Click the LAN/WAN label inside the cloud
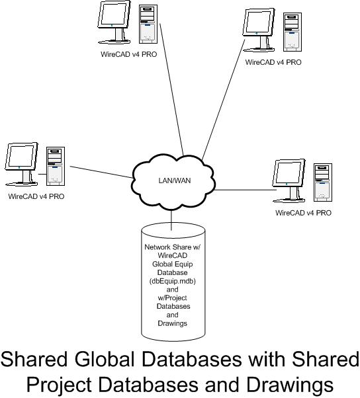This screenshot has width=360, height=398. pyautogui.click(x=175, y=180)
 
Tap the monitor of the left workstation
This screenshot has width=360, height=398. pyautogui.click(x=21, y=164)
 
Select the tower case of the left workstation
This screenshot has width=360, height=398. pyautogui.click(x=56, y=166)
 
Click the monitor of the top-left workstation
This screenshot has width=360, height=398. pyautogui.click(x=114, y=22)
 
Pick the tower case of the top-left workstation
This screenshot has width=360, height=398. pyautogui.click(x=148, y=24)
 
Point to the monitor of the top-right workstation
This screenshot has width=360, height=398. pyautogui.click(x=259, y=30)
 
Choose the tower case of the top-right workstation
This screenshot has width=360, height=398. pyautogui.click(x=292, y=32)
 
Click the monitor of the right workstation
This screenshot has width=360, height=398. pyautogui.click(x=289, y=180)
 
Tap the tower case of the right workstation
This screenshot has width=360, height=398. pyautogui.click(x=323, y=182)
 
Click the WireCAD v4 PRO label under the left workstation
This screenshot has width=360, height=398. pyautogui.click(x=36, y=196)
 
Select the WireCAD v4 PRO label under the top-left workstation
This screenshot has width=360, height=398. pyautogui.click(x=129, y=54)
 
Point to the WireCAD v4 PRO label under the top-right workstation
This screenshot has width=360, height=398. pyautogui.click(x=273, y=62)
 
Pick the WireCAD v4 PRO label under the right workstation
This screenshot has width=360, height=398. pyautogui.click(x=303, y=213)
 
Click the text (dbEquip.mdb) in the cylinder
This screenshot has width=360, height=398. pyautogui.click(x=173, y=281)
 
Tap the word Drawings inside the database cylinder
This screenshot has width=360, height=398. pyautogui.click(x=173, y=323)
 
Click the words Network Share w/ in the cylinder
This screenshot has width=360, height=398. pyautogui.click(x=173, y=247)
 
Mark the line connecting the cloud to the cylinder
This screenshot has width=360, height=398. pyautogui.click(x=171, y=220)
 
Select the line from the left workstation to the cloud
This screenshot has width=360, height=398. pyautogui.click(x=101, y=172)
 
